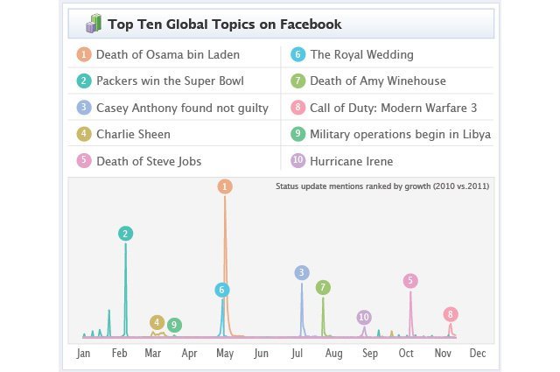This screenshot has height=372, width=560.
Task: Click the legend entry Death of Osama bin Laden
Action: (167, 54)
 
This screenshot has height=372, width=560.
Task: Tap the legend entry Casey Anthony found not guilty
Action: (194, 108)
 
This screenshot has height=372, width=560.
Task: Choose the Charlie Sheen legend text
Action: (133, 134)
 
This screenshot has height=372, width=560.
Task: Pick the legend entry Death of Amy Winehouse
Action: (378, 81)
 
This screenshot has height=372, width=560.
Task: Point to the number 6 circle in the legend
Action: (298, 54)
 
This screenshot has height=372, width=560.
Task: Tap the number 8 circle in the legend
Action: (298, 108)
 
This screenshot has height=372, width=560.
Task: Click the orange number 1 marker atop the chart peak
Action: (225, 186)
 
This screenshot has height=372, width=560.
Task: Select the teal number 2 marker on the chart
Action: (126, 233)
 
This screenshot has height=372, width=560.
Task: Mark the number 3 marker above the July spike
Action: (302, 272)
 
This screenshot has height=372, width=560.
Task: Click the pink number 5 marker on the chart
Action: (410, 280)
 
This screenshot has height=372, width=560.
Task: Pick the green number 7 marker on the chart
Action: (323, 287)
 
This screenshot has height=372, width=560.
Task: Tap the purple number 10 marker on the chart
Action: (364, 316)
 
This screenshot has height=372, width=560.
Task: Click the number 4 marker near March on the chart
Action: (157, 322)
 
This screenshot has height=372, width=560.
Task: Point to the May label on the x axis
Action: (225, 354)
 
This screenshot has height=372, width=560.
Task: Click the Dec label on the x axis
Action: (477, 354)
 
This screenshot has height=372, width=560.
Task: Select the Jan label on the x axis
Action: (84, 354)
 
